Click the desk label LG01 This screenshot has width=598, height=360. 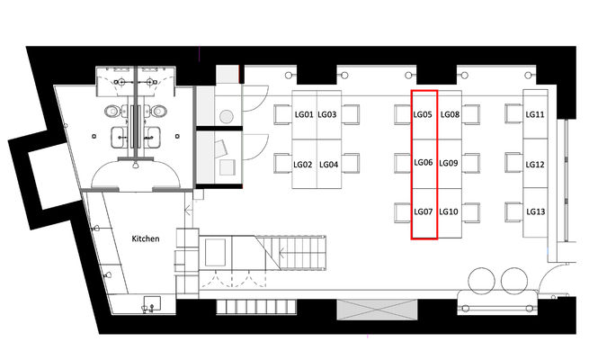click(x=304, y=114)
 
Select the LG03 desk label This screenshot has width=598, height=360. click(x=327, y=114)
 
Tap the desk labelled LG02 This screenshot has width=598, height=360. click(x=303, y=165)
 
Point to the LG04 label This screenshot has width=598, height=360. click(x=329, y=165)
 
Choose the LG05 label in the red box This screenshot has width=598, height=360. click(x=423, y=114)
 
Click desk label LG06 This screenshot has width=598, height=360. click(x=424, y=163)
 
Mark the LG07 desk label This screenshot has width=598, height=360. click(x=424, y=211)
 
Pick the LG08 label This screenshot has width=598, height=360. click(x=450, y=114)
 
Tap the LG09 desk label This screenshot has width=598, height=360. click(x=449, y=164)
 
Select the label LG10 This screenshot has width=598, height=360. click(x=449, y=211)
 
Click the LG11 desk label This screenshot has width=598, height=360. click(x=535, y=114)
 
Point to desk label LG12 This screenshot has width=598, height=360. click(x=535, y=165)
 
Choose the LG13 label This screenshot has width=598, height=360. click(x=536, y=211)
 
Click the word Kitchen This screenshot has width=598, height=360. click(x=146, y=238)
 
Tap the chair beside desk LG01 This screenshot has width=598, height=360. click(x=282, y=114)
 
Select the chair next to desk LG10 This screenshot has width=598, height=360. click(x=471, y=212)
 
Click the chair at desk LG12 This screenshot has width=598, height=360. click(x=513, y=163)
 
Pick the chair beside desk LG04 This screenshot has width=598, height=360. click(x=351, y=163)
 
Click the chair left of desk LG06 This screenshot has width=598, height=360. click(x=403, y=163)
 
